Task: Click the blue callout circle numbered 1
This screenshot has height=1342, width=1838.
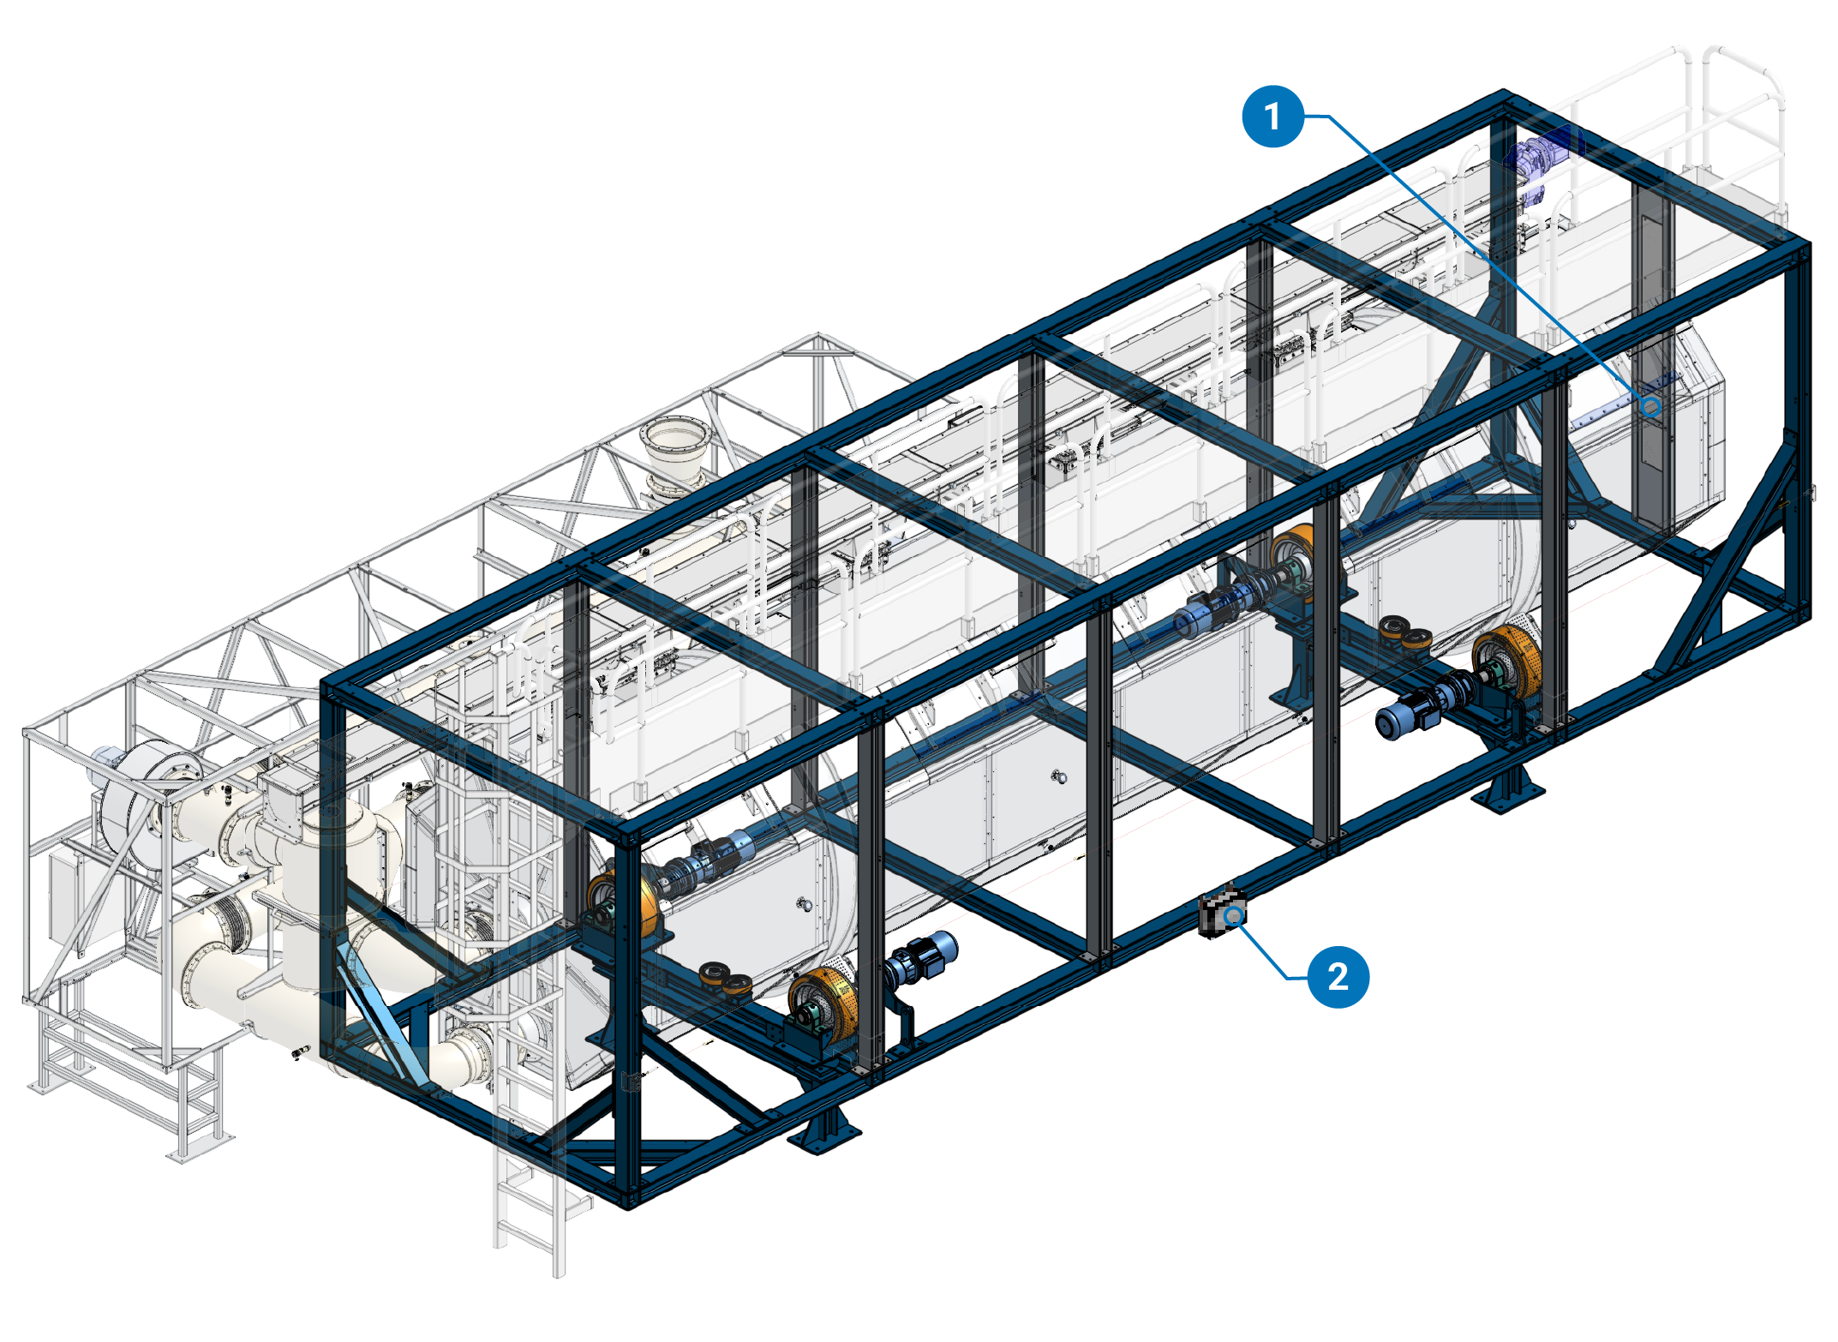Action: click(1272, 117)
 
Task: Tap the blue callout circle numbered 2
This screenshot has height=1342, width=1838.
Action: click(1338, 977)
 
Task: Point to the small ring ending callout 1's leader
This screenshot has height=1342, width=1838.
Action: click(1650, 407)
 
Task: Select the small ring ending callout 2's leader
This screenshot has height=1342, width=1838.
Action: click(1234, 917)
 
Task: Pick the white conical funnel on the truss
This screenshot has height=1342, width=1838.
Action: click(677, 454)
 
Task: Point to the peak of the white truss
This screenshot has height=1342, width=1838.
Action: click(818, 336)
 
